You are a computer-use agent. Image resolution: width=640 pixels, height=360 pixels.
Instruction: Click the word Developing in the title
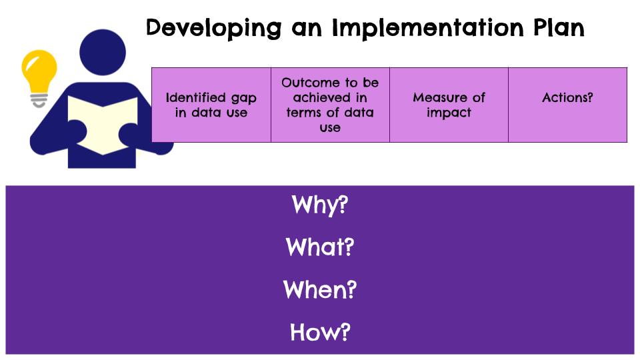[214, 29]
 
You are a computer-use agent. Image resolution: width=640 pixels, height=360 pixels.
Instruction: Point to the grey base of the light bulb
[39, 101]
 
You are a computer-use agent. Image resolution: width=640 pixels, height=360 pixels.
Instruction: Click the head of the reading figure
[103, 52]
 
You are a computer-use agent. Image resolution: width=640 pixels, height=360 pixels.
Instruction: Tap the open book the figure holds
[103, 125]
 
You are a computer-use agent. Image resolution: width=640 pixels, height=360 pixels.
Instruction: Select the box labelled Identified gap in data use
[211, 105]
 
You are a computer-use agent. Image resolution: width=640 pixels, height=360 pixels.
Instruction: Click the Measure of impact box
[449, 105]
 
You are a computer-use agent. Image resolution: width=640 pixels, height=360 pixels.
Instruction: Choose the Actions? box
[568, 105]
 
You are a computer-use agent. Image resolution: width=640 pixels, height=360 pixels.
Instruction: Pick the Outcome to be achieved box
[330, 105]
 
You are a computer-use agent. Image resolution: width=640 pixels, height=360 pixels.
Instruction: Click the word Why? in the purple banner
[319, 205]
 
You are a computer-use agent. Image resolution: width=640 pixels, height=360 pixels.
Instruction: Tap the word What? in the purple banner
[319, 247]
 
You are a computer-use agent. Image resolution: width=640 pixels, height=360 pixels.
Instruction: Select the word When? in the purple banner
[319, 289]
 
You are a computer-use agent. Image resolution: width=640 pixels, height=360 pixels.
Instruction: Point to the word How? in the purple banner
[320, 332]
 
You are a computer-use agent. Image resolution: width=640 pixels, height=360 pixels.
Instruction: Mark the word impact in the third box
[449, 113]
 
